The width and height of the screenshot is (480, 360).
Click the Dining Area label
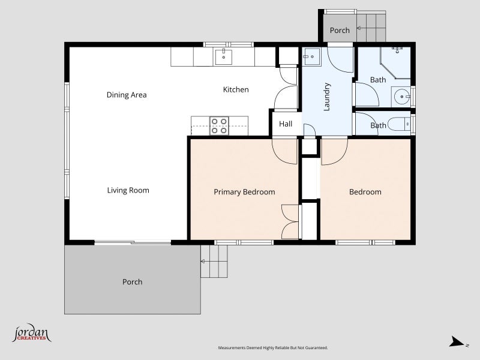127,95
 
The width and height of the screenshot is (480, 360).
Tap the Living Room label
128,190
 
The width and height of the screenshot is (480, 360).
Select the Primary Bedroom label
244,192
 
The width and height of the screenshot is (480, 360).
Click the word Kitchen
236,89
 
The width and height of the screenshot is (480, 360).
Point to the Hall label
286,124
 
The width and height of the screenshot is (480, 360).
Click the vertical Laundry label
326,97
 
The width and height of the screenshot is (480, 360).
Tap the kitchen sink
223,57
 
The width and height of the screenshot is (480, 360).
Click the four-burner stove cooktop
219,126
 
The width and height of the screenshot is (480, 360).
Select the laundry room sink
311,56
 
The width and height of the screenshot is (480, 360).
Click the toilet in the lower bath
399,124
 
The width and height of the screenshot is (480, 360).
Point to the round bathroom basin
401,97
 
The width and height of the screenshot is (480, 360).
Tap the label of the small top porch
340,31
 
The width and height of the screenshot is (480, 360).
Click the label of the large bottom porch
132,281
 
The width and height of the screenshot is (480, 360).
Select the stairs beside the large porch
214,261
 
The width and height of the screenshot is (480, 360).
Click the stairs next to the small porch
371,27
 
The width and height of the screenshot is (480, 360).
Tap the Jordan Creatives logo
31,333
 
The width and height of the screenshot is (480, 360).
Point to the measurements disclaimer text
273,348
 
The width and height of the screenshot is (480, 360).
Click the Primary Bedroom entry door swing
284,151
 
